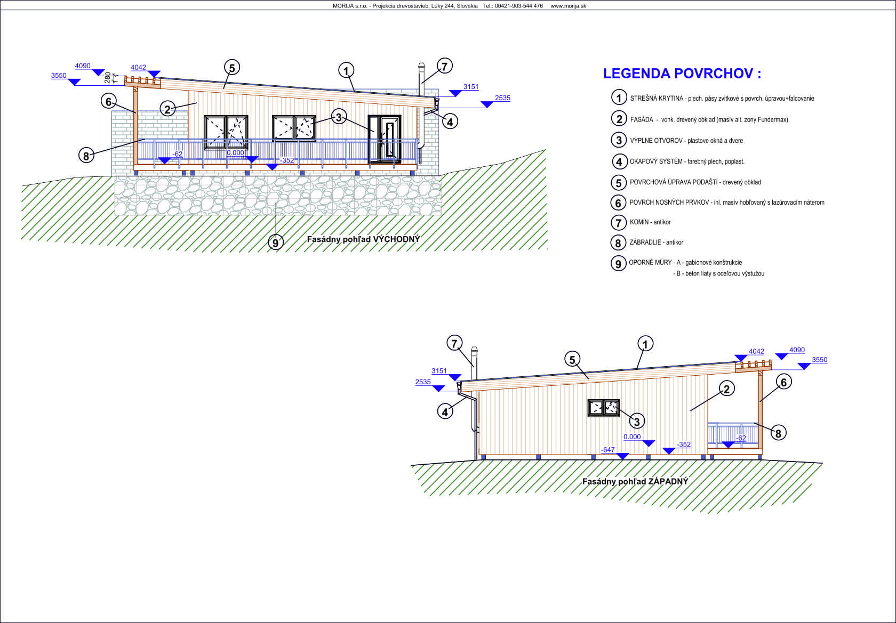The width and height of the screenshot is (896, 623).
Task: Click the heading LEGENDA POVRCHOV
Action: [682, 74]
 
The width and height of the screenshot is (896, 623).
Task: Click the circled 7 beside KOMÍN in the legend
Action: [619, 223]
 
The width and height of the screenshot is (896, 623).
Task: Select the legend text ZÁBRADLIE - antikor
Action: [657, 242]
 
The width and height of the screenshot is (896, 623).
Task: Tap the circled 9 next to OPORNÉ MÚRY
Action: [619, 263]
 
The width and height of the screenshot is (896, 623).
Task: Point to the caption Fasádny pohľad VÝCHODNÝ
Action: [363, 239]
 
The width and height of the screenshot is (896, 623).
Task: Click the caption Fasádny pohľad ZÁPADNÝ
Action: [635, 481]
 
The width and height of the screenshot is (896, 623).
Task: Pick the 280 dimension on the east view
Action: [107, 77]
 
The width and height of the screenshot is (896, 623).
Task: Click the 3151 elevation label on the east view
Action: [471, 87]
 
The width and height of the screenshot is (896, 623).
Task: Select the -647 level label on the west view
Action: [607, 450]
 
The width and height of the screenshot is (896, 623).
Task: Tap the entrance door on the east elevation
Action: [385, 140]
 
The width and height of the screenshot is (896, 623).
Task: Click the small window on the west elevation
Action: [604, 408]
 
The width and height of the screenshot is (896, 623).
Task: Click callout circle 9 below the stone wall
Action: [275, 242]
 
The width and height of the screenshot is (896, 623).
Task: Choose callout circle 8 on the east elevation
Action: [86, 155]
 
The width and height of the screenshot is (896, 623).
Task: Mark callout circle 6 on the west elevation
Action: [783, 383]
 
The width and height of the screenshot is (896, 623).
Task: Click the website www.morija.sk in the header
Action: [568, 6]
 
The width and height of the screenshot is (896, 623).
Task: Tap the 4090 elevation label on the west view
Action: [797, 350]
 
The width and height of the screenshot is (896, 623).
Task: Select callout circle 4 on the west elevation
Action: [445, 411]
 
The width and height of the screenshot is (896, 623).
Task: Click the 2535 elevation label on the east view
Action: [502, 98]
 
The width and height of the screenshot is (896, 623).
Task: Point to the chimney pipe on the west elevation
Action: [475, 363]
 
